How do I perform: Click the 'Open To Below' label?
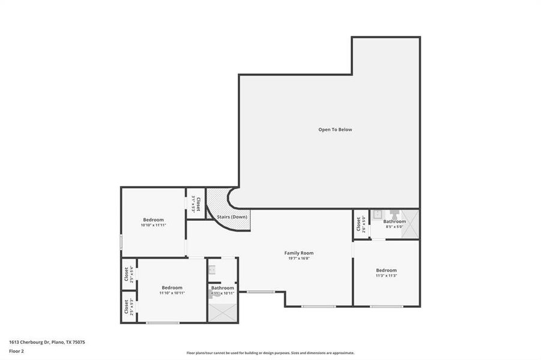pyautogui.click(x=335, y=130)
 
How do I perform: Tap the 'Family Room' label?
pyautogui.click(x=298, y=253)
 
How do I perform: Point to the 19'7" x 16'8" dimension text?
pyautogui.click(x=298, y=259)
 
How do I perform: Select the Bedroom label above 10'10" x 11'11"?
pyautogui.click(x=153, y=220)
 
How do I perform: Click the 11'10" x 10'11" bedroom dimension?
pyautogui.click(x=172, y=293)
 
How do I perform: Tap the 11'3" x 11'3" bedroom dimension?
pyautogui.click(x=386, y=275)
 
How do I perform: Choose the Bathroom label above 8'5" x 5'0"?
pyautogui.click(x=394, y=221)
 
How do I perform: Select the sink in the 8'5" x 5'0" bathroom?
pyautogui.click(x=378, y=214)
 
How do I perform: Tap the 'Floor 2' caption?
pyautogui.click(x=16, y=351)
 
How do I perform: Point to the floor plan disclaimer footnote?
pyautogui.click(x=270, y=353)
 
